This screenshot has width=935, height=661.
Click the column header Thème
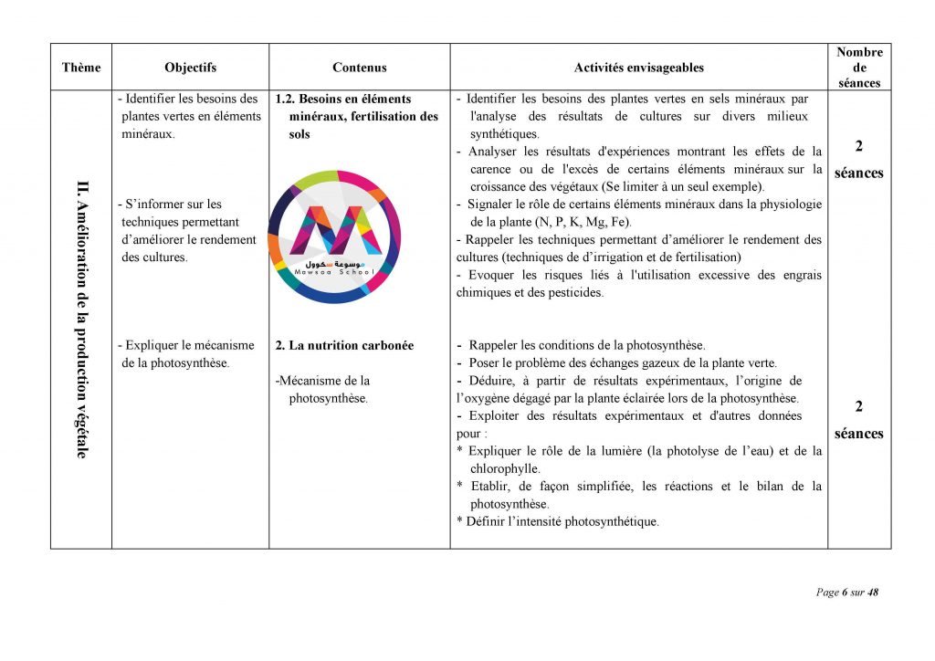click(81, 68)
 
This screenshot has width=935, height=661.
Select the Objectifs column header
click(190, 68)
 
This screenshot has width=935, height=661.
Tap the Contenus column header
click(359, 68)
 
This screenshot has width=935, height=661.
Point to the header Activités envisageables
click(638, 68)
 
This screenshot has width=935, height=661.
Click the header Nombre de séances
click(859, 68)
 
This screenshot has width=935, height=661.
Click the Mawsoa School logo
click(334, 236)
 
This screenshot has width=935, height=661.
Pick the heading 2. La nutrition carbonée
click(344, 346)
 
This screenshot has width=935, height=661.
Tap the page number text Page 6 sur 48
click(846, 593)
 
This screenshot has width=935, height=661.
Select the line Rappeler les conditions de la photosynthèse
click(586, 346)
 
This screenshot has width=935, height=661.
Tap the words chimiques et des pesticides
click(530, 292)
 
